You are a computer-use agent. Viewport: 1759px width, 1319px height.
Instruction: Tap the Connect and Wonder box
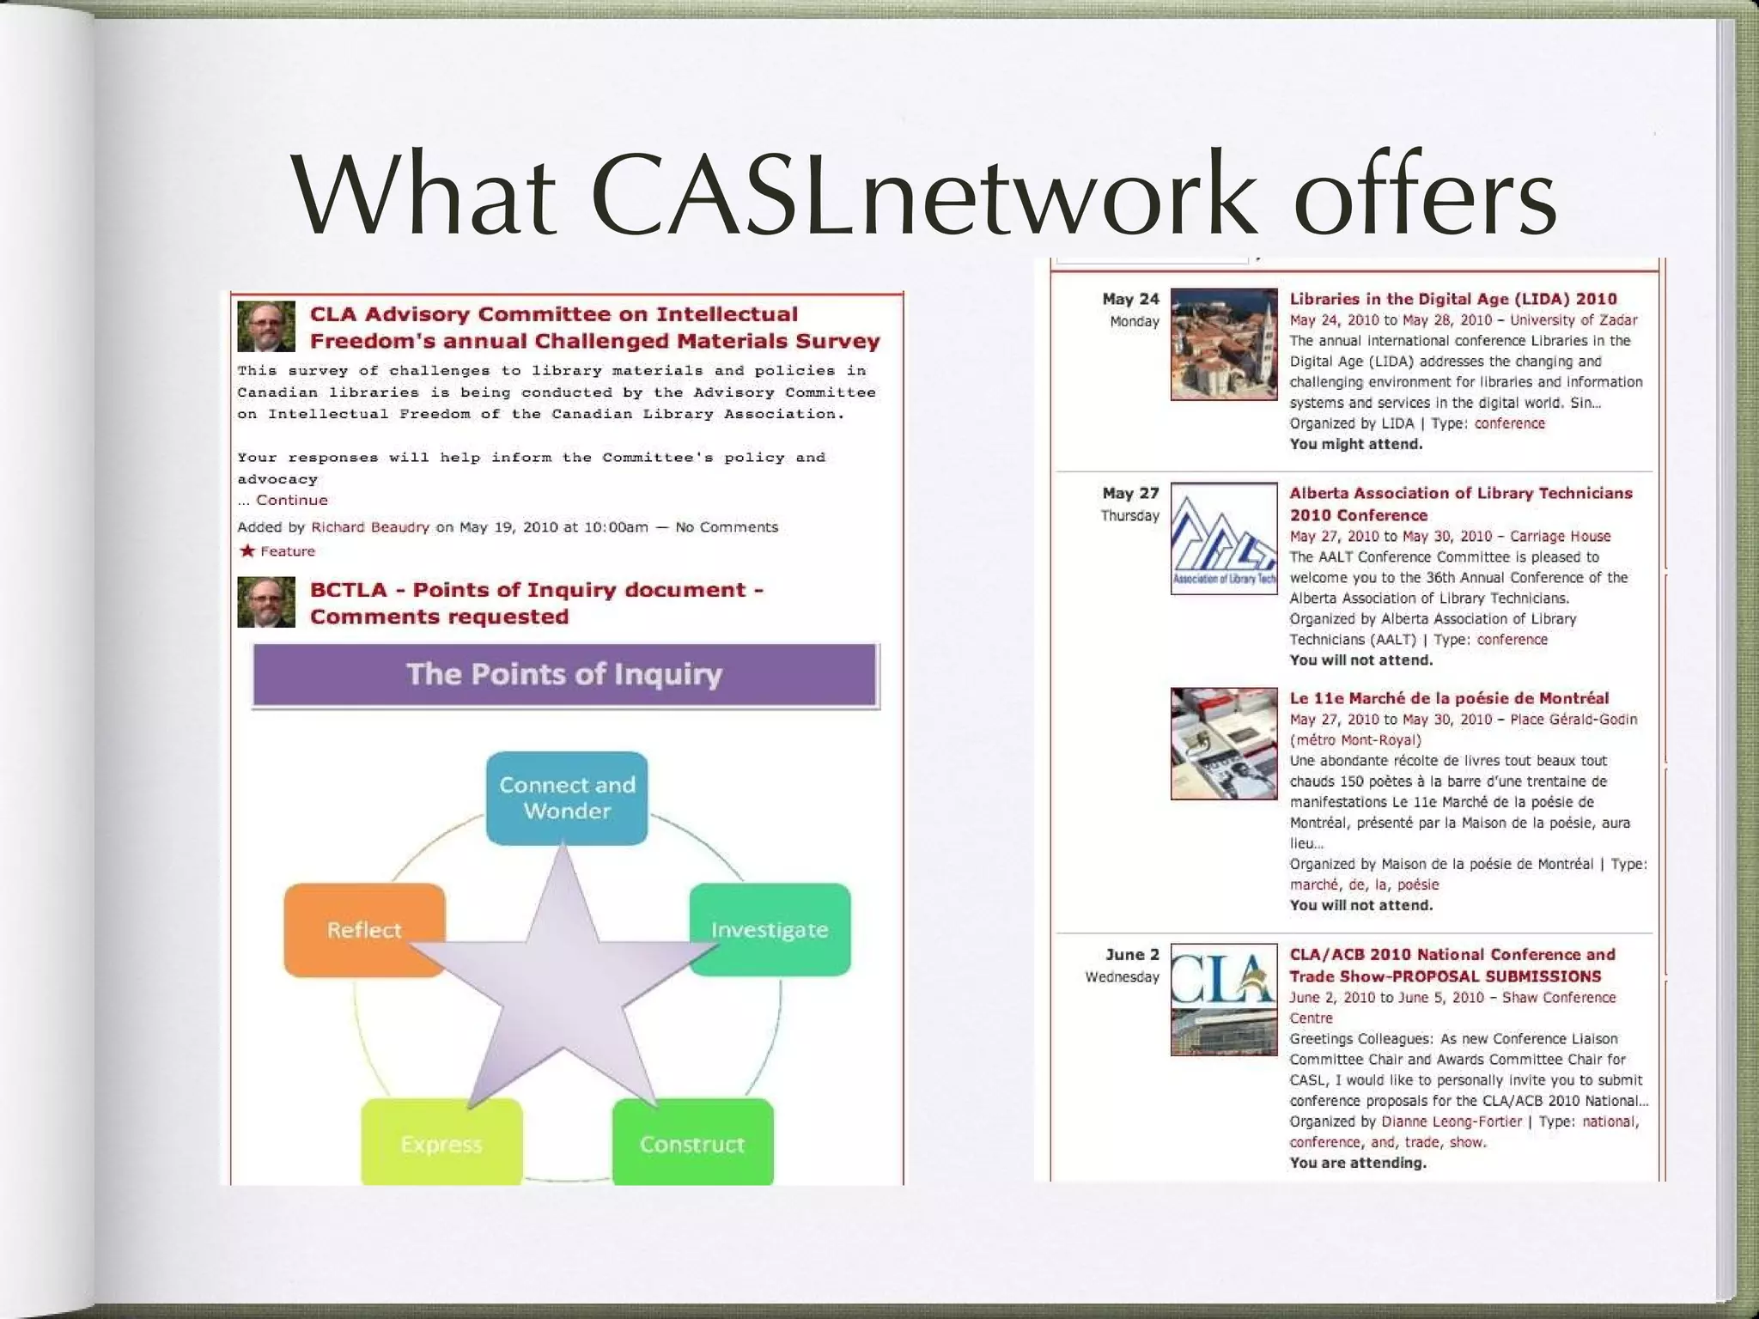click(x=567, y=798)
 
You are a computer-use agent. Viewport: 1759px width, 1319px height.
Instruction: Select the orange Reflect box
click(x=364, y=929)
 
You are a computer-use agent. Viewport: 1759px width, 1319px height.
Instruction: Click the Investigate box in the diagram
click(x=770, y=929)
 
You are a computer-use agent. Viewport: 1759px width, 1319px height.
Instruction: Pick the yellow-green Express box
click(x=441, y=1143)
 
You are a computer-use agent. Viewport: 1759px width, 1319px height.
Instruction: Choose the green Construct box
click(x=692, y=1143)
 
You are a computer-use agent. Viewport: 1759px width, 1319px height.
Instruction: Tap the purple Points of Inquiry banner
click(x=565, y=675)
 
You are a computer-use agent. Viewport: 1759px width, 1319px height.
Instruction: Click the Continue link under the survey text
click(x=292, y=500)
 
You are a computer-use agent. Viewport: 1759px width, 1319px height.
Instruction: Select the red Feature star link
click(x=277, y=551)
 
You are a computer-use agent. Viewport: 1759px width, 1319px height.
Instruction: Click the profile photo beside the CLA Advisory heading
click(x=266, y=326)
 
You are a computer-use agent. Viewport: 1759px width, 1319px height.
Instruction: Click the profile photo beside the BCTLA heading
click(x=266, y=602)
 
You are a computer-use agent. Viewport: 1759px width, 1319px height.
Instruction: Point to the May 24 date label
click(x=1130, y=299)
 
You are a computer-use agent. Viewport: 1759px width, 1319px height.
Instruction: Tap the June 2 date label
click(x=1132, y=954)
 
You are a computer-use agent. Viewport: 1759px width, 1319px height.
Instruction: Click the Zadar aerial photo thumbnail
click(x=1224, y=344)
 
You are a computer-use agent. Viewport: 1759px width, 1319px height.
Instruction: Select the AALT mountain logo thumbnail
click(x=1224, y=538)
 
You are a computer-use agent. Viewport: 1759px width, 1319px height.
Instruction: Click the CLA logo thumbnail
click(x=1224, y=1000)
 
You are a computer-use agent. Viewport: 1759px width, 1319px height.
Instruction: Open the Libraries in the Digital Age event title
click(x=1452, y=299)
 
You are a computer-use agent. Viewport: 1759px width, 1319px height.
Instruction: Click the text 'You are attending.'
click(x=1357, y=1163)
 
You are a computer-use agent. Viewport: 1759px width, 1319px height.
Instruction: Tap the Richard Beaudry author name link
click(x=369, y=527)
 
